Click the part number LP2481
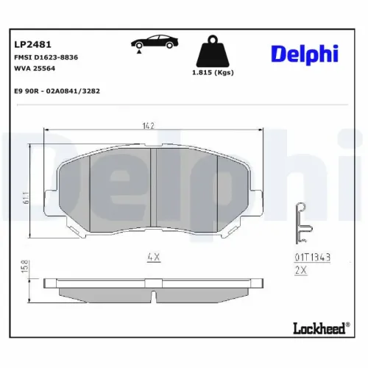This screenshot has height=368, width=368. coord(30,43)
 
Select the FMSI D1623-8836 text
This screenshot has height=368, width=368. coord(46,57)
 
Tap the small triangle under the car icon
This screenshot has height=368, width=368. coord(139,49)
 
